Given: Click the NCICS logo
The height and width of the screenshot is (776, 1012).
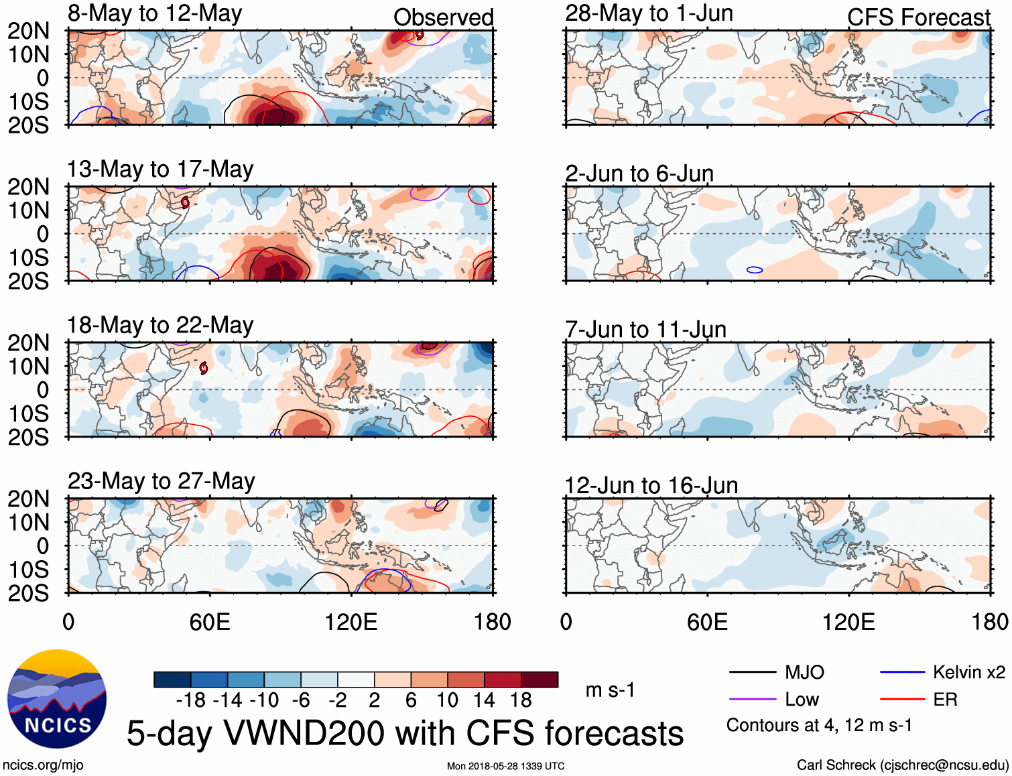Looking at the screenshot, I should click(x=57, y=699).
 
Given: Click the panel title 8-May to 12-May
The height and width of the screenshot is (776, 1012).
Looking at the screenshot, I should click(x=155, y=13).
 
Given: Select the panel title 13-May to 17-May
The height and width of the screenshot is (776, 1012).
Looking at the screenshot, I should click(x=160, y=169).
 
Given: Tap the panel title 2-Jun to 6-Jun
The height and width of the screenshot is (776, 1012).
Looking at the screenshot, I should click(x=639, y=174).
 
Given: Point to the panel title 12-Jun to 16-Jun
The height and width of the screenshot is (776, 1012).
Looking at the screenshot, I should click(x=651, y=485).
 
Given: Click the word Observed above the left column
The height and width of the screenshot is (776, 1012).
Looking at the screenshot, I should click(x=444, y=17).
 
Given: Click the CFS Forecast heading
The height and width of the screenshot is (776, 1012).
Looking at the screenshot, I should click(x=919, y=17).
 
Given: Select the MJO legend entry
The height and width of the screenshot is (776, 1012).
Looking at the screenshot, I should click(x=804, y=672).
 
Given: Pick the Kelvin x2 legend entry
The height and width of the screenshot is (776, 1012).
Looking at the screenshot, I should click(x=968, y=672).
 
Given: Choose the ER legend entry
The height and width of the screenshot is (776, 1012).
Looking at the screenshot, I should click(x=945, y=700).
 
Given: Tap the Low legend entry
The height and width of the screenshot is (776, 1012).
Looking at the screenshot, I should click(x=802, y=700).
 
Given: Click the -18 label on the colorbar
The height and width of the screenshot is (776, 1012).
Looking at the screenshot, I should click(x=190, y=700).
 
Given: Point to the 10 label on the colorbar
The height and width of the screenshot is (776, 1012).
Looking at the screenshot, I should click(x=447, y=700).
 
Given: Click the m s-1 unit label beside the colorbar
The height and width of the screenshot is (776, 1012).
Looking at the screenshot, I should click(x=610, y=690).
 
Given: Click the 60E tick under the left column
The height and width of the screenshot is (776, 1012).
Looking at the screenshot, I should click(x=210, y=622).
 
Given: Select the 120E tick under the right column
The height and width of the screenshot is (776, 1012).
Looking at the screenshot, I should click(x=848, y=622).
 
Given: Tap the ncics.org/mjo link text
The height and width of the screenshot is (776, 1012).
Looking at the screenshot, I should click(x=43, y=765).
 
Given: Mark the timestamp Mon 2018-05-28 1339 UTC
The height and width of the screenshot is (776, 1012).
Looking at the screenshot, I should click(x=506, y=766).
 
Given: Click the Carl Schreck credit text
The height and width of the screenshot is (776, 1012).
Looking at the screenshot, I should click(x=902, y=765).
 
